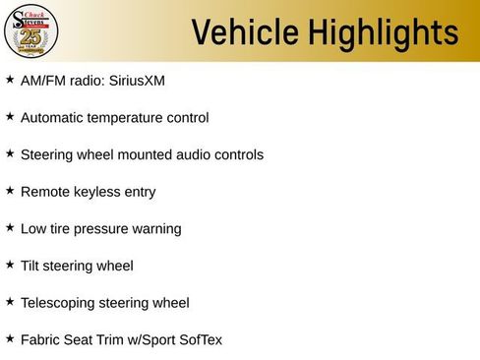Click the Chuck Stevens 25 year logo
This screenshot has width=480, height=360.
tap(31, 32)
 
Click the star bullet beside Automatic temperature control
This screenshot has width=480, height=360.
tap(10, 116)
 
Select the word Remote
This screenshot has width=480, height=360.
tap(42, 192)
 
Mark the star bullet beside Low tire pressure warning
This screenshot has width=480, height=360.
tap(10, 227)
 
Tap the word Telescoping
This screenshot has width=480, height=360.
tap(58, 303)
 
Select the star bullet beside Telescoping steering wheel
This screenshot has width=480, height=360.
tap(10, 301)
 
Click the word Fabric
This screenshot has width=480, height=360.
tap(39, 340)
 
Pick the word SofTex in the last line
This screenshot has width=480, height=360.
tap(200, 340)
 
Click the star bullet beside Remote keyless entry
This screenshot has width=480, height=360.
tap(10, 190)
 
